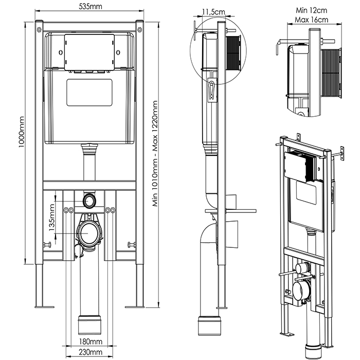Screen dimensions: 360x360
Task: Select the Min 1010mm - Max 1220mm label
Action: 155,154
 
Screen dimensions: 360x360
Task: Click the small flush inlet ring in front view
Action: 89,199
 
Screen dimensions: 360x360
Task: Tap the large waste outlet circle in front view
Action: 89,234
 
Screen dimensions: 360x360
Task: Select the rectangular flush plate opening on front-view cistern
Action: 89,92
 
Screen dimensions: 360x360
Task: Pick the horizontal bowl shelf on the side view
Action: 230,210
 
